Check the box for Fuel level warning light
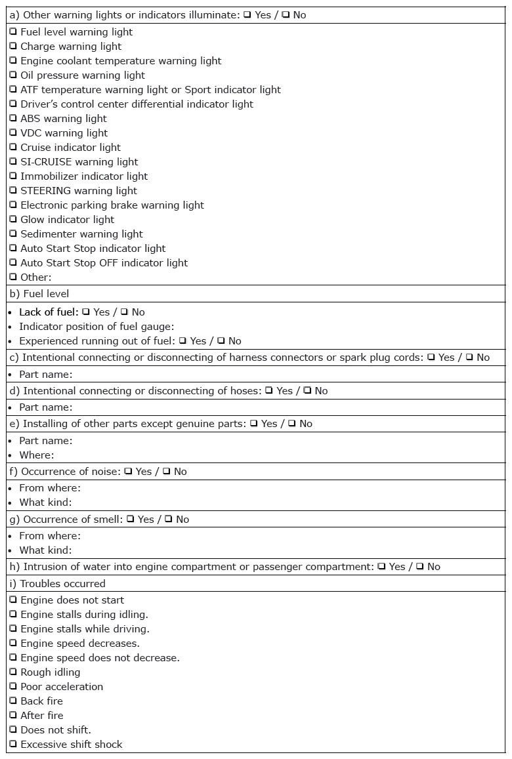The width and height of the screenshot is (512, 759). click(x=13, y=31)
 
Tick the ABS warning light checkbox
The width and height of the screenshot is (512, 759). click(x=13, y=118)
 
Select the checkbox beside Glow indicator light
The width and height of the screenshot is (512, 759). click(x=13, y=219)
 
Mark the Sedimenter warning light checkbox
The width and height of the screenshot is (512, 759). click(x=13, y=234)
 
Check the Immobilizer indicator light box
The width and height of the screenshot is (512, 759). click(x=13, y=176)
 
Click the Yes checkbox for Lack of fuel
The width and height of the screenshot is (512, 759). click(x=85, y=312)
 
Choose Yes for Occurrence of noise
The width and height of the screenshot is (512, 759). click(x=128, y=472)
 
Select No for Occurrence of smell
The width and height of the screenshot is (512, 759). click(x=168, y=520)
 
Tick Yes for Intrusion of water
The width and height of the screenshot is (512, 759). click(x=381, y=567)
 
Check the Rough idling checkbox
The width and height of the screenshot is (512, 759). click(x=13, y=672)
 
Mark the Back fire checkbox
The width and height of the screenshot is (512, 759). click(x=13, y=701)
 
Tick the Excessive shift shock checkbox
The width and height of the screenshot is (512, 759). click(x=13, y=744)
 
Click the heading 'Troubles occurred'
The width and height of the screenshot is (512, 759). click(x=62, y=583)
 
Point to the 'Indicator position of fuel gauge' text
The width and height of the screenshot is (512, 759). click(x=96, y=327)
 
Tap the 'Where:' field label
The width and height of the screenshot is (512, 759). click(x=37, y=455)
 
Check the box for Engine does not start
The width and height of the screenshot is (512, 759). click(x=13, y=600)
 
